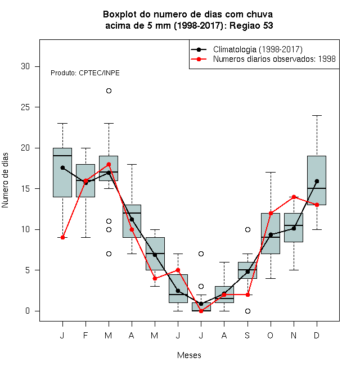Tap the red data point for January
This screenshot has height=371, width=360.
coord(63,238)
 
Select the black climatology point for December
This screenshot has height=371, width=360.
coord(317,181)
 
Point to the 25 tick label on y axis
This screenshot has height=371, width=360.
coord(25,107)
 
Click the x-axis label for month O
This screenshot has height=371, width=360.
coord(270,335)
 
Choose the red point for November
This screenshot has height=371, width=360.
coord(294,197)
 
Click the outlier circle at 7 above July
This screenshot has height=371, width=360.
coord(201,254)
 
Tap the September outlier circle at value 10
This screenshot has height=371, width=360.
coord(247,229)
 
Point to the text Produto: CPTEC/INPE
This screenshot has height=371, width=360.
coord(85,73)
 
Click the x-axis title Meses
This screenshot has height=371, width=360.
coord(189,355)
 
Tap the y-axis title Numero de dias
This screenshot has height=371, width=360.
coord(5,180)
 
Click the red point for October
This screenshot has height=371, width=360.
coord(271,213)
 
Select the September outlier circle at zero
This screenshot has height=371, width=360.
coord(247,311)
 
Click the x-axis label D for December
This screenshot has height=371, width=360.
coord(317,335)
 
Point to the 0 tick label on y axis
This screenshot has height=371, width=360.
coord(28,311)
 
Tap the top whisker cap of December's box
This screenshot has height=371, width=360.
coord(317,115)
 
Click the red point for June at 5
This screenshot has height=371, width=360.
coord(178,270)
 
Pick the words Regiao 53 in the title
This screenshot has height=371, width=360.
coord(251,25)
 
